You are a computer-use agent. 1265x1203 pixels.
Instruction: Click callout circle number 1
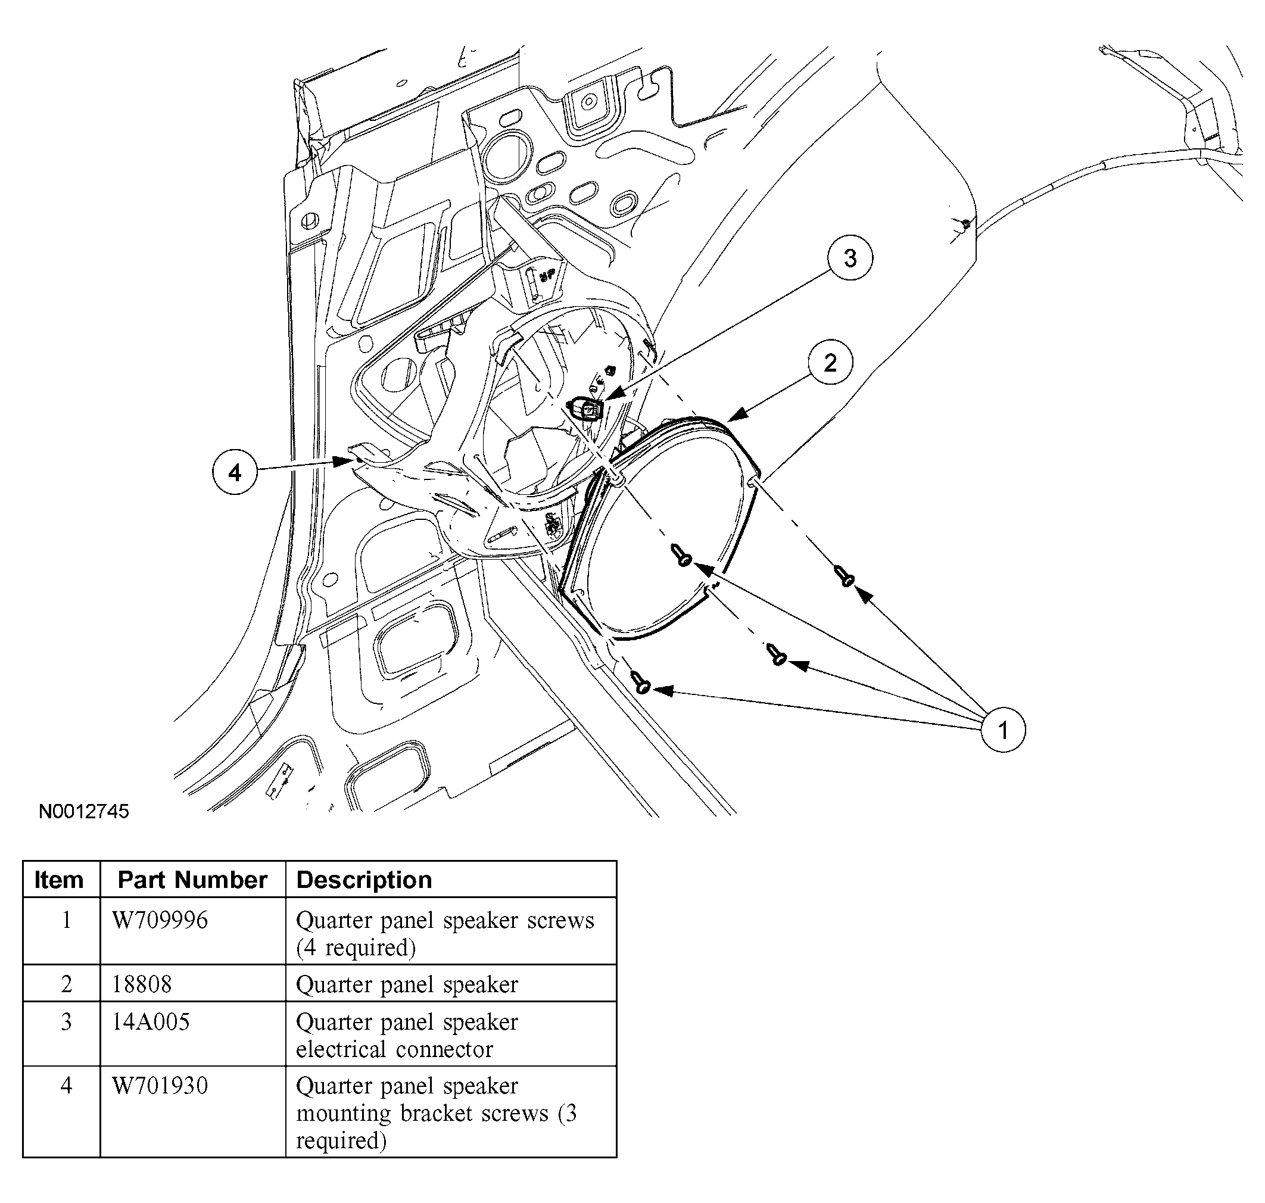click(1003, 730)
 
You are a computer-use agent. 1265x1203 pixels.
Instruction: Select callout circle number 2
click(830, 363)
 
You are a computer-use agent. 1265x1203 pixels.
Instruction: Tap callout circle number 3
click(849, 258)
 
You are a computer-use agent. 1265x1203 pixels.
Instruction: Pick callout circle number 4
click(235, 473)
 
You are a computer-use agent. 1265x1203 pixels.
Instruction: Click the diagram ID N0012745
click(84, 811)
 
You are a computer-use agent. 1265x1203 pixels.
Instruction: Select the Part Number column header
click(192, 880)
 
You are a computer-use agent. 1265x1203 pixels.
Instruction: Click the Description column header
click(364, 880)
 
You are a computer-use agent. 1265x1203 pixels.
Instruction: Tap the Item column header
click(59, 880)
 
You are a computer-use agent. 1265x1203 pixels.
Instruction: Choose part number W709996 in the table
click(160, 920)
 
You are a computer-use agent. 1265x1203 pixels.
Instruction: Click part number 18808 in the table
click(142, 984)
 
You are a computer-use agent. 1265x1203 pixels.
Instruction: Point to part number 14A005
click(151, 1021)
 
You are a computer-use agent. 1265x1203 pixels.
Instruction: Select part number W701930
click(160, 1086)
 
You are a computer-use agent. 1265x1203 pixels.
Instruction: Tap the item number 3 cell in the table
click(66, 1021)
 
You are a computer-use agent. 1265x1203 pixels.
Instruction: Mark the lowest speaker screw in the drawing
click(641, 682)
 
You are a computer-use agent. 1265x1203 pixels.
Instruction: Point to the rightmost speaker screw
click(843, 575)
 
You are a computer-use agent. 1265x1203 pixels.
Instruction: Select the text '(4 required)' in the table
click(356, 948)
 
